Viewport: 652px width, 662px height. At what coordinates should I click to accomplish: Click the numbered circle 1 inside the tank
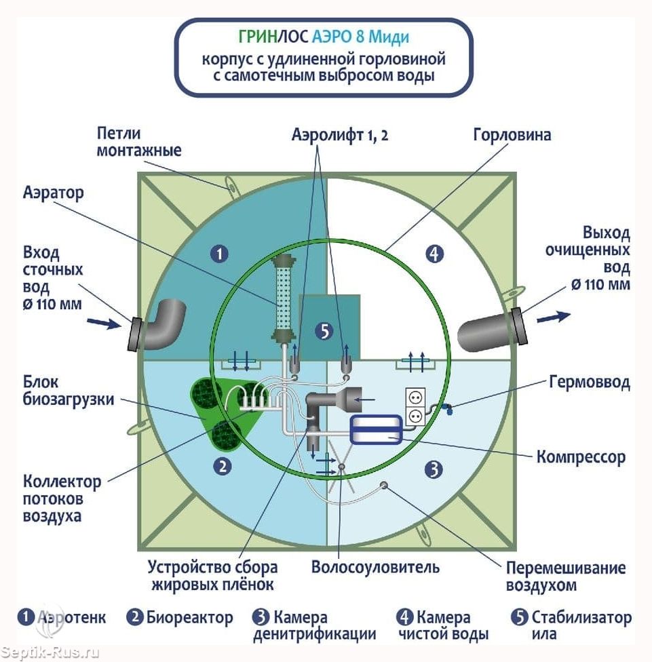pyautogui.click(x=218, y=254)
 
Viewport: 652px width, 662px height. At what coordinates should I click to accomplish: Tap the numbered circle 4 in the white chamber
pyautogui.click(x=434, y=254)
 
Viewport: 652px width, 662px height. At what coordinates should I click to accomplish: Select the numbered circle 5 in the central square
pyautogui.click(x=325, y=331)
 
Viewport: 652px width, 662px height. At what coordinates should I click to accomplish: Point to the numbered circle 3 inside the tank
pyautogui.click(x=434, y=469)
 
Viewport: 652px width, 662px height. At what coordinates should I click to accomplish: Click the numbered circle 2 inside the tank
pyautogui.click(x=221, y=466)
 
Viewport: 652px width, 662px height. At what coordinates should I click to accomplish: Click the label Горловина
pyautogui.click(x=512, y=135)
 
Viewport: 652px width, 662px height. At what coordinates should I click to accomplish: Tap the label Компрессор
pyautogui.click(x=580, y=456)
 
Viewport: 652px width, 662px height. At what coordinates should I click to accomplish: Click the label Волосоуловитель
pyautogui.click(x=375, y=567)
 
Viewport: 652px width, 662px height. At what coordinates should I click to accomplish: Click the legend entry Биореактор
pyautogui.click(x=180, y=618)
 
